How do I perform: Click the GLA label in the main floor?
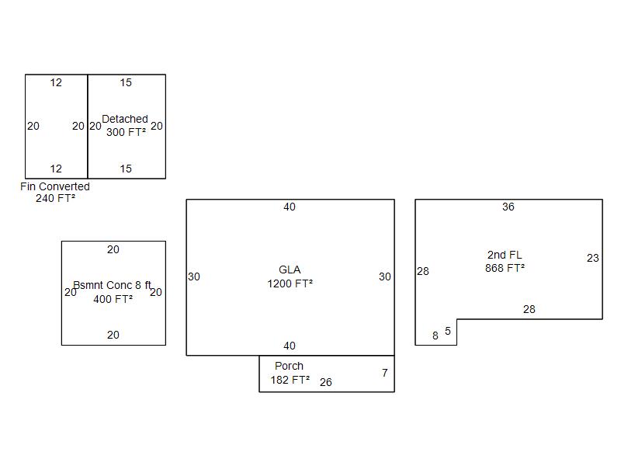(x=290, y=270)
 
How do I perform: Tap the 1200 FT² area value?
(x=290, y=283)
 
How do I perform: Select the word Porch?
(x=289, y=366)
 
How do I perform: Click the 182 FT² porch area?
(x=290, y=380)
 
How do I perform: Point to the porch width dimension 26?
(x=325, y=382)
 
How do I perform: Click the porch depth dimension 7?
(x=384, y=373)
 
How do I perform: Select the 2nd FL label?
(x=505, y=255)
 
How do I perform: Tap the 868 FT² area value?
(x=505, y=268)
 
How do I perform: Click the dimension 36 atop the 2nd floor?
(x=508, y=207)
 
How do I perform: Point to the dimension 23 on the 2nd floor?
(x=593, y=259)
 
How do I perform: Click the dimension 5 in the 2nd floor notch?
(x=448, y=331)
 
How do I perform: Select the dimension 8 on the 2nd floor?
(x=435, y=336)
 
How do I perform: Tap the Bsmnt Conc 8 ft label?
(x=112, y=285)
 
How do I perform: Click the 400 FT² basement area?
(x=113, y=299)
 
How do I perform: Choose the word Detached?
(x=125, y=119)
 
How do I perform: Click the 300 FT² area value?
(x=126, y=132)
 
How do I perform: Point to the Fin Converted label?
(x=55, y=186)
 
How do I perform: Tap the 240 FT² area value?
(x=55, y=198)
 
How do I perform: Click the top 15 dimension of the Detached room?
(x=126, y=82)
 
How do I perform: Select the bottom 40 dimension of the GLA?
(x=290, y=346)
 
